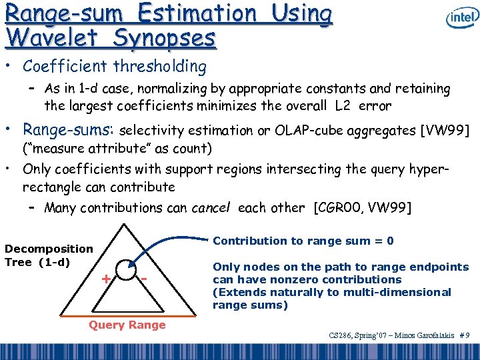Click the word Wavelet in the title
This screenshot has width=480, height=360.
(53, 39)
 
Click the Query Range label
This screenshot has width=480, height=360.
(127, 325)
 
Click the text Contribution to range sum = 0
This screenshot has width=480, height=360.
(303, 241)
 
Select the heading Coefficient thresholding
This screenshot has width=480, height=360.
(114, 66)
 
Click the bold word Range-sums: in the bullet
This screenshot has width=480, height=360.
(69, 129)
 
